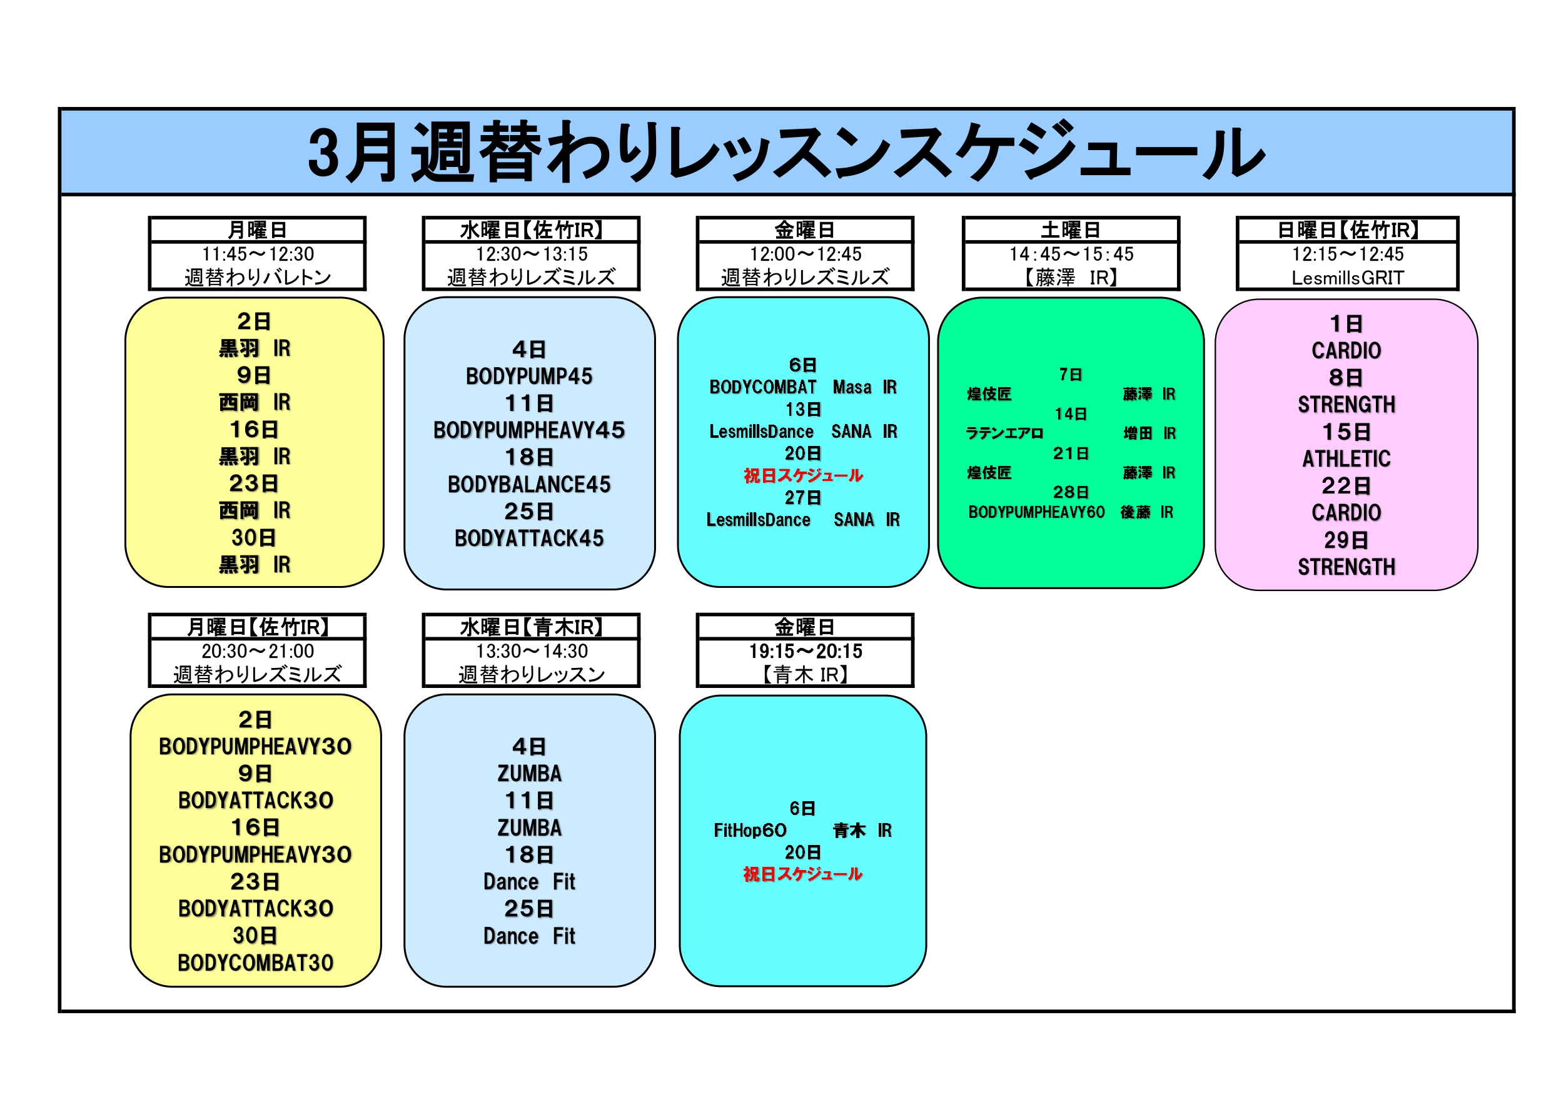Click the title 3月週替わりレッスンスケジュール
[x=786, y=153]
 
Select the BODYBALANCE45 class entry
[x=529, y=484]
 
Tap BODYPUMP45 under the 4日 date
[x=529, y=377]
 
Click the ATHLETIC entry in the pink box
[x=1346, y=459]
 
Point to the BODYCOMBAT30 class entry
[x=255, y=963]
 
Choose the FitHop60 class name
[x=750, y=830]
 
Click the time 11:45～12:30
[x=258, y=254]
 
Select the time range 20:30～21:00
[x=258, y=651]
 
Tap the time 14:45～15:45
[x=1071, y=254]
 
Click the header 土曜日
[x=1071, y=230]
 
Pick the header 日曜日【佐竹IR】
[x=1348, y=230]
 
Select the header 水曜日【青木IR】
[x=531, y=627]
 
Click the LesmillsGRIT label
[x=1348, y=278]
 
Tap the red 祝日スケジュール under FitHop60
[x=802, y=874]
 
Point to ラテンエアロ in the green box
[x=1004, y=433]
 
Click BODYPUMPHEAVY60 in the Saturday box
[x=1036, y=512]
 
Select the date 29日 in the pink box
[x=1346, y=540]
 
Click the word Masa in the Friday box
[x=852, y=387]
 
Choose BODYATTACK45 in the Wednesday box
[x=529, y=538]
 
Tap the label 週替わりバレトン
[x=258, y=277]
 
